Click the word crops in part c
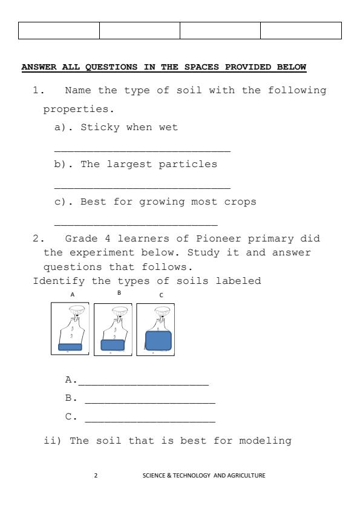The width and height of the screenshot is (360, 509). (240, 202)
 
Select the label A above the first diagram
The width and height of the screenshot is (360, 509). (73, 295)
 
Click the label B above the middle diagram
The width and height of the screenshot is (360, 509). (119, 293)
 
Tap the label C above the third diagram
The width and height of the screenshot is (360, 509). (161, 295)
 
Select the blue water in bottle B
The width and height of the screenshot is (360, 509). (113, 345)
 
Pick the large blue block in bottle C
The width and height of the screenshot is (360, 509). (159, 341)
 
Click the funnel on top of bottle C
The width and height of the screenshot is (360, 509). (161, 311)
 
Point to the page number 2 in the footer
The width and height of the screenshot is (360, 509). (96, 475)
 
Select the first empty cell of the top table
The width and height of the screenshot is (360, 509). (59, 30)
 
